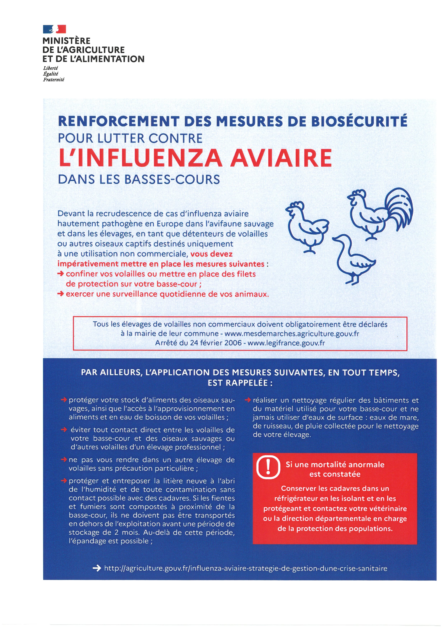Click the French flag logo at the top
[x=54, y=29]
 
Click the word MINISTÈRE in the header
[x=66, y=41]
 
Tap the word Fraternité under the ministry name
[x=53, y=80]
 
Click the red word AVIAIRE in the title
[x=281, y=158]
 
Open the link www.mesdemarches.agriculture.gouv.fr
[x=292, y=334]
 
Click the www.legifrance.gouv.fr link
[x=286, y=343]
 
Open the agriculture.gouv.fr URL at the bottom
[x=245, y=568]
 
